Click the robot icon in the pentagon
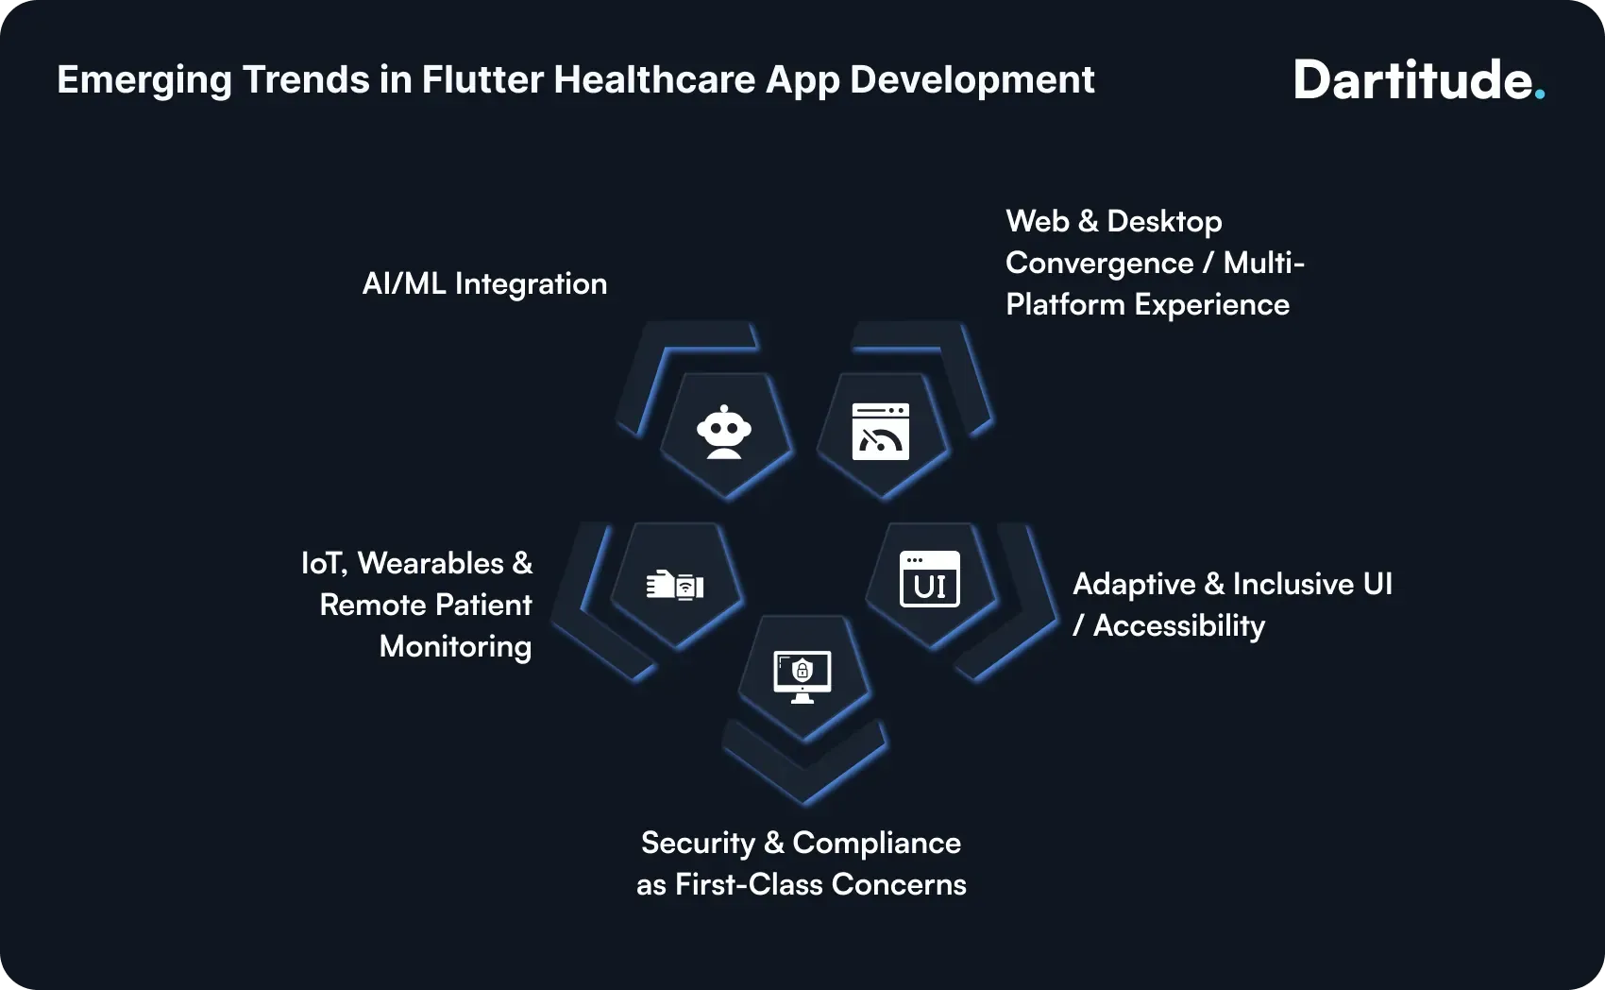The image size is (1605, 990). pos(724,433)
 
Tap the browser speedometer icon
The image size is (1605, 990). pos(880,432)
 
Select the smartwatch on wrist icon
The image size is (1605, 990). pos(675,585)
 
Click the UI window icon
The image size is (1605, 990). pos(929,579)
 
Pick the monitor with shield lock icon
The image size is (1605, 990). pos(802,676)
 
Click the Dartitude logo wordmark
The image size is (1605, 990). pos(1412,80)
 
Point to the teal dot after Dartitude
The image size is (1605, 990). pos(1540,94)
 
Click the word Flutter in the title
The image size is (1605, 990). pos(481,79)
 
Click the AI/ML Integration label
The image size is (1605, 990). pos(484,283)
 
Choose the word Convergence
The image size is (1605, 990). pos(1099,263)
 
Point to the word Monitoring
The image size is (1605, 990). pos(455,646)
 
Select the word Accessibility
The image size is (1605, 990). pos(1178,625)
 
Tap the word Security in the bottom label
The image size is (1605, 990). pos(698,843)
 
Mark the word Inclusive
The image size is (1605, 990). pos(1292,584)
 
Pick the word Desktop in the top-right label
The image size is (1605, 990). pos(1164,221)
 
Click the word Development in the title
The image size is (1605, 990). pos(971,81)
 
